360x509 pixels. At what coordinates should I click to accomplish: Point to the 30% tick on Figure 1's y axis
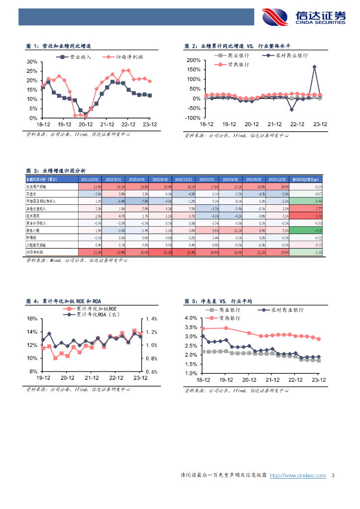32,62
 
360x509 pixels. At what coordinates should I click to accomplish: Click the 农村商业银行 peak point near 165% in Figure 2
314,67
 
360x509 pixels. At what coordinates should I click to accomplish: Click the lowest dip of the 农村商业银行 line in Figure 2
292,109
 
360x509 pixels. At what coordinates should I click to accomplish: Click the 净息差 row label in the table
32,193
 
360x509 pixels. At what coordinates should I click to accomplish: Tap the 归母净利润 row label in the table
35,253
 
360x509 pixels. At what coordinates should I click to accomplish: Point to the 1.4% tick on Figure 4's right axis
152,319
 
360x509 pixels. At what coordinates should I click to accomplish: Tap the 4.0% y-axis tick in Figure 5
191,318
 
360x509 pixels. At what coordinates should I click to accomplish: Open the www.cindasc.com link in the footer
297,475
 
